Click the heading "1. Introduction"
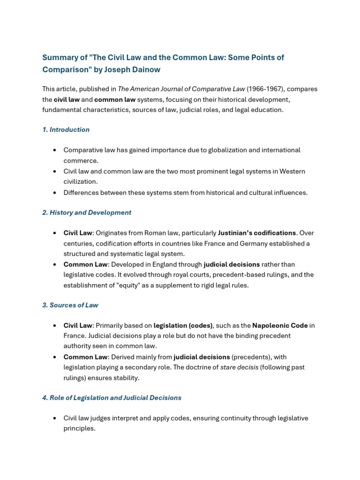coord(66,130)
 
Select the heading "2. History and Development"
coord(87,213)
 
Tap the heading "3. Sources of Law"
coord(70,305)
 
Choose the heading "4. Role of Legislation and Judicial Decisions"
coord(112,398)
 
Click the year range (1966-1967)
coord(264,89)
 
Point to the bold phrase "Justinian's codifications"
coord(257,233)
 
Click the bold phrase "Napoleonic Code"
coord(280,326)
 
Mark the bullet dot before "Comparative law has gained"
coord(55,150)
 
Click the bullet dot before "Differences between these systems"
coord(55,193)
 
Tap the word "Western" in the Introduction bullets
coord(292,172)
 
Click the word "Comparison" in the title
coord(64,70)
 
